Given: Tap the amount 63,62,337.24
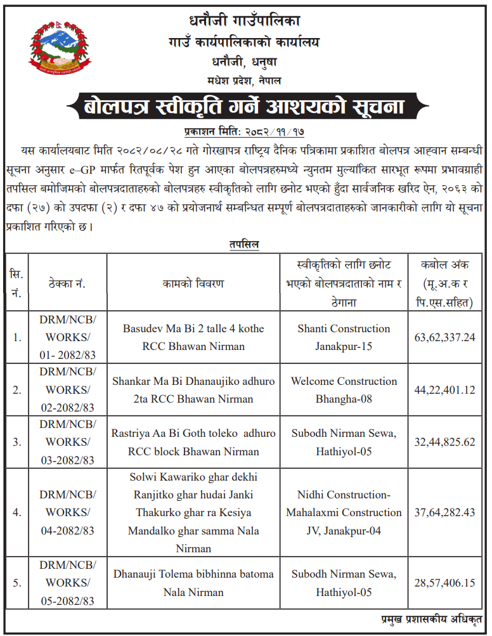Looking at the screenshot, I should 444,337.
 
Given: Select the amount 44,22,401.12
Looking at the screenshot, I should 444,390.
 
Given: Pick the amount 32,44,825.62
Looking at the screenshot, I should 444,443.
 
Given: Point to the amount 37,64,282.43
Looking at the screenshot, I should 444,513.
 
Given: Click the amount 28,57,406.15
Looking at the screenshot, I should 444,583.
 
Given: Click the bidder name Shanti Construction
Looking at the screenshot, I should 344,328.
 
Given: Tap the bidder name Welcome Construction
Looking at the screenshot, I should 344,381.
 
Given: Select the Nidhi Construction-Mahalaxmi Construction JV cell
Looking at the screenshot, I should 344,513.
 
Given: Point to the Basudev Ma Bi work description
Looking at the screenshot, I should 193,337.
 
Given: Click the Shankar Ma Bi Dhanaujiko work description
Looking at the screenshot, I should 193,390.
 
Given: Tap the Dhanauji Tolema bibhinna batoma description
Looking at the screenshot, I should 193,583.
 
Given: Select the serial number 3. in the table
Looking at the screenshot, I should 16,443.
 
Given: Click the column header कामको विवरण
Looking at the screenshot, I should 193,283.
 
